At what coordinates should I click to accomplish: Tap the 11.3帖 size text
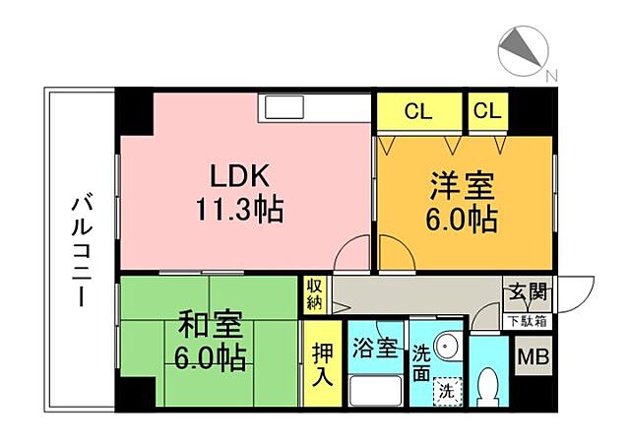pos(240,210)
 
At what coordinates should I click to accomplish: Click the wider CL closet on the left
pos(418,111)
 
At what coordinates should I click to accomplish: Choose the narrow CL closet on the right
pos(486,111)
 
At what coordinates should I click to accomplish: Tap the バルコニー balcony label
pos(80,251)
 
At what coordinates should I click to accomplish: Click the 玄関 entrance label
pos(530,292)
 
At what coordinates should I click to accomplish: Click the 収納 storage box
pos(314,294)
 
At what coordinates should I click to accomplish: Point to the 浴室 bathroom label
pos(375,347)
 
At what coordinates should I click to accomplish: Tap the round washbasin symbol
pos(448,348)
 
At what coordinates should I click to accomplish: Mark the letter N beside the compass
pos(551,76)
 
